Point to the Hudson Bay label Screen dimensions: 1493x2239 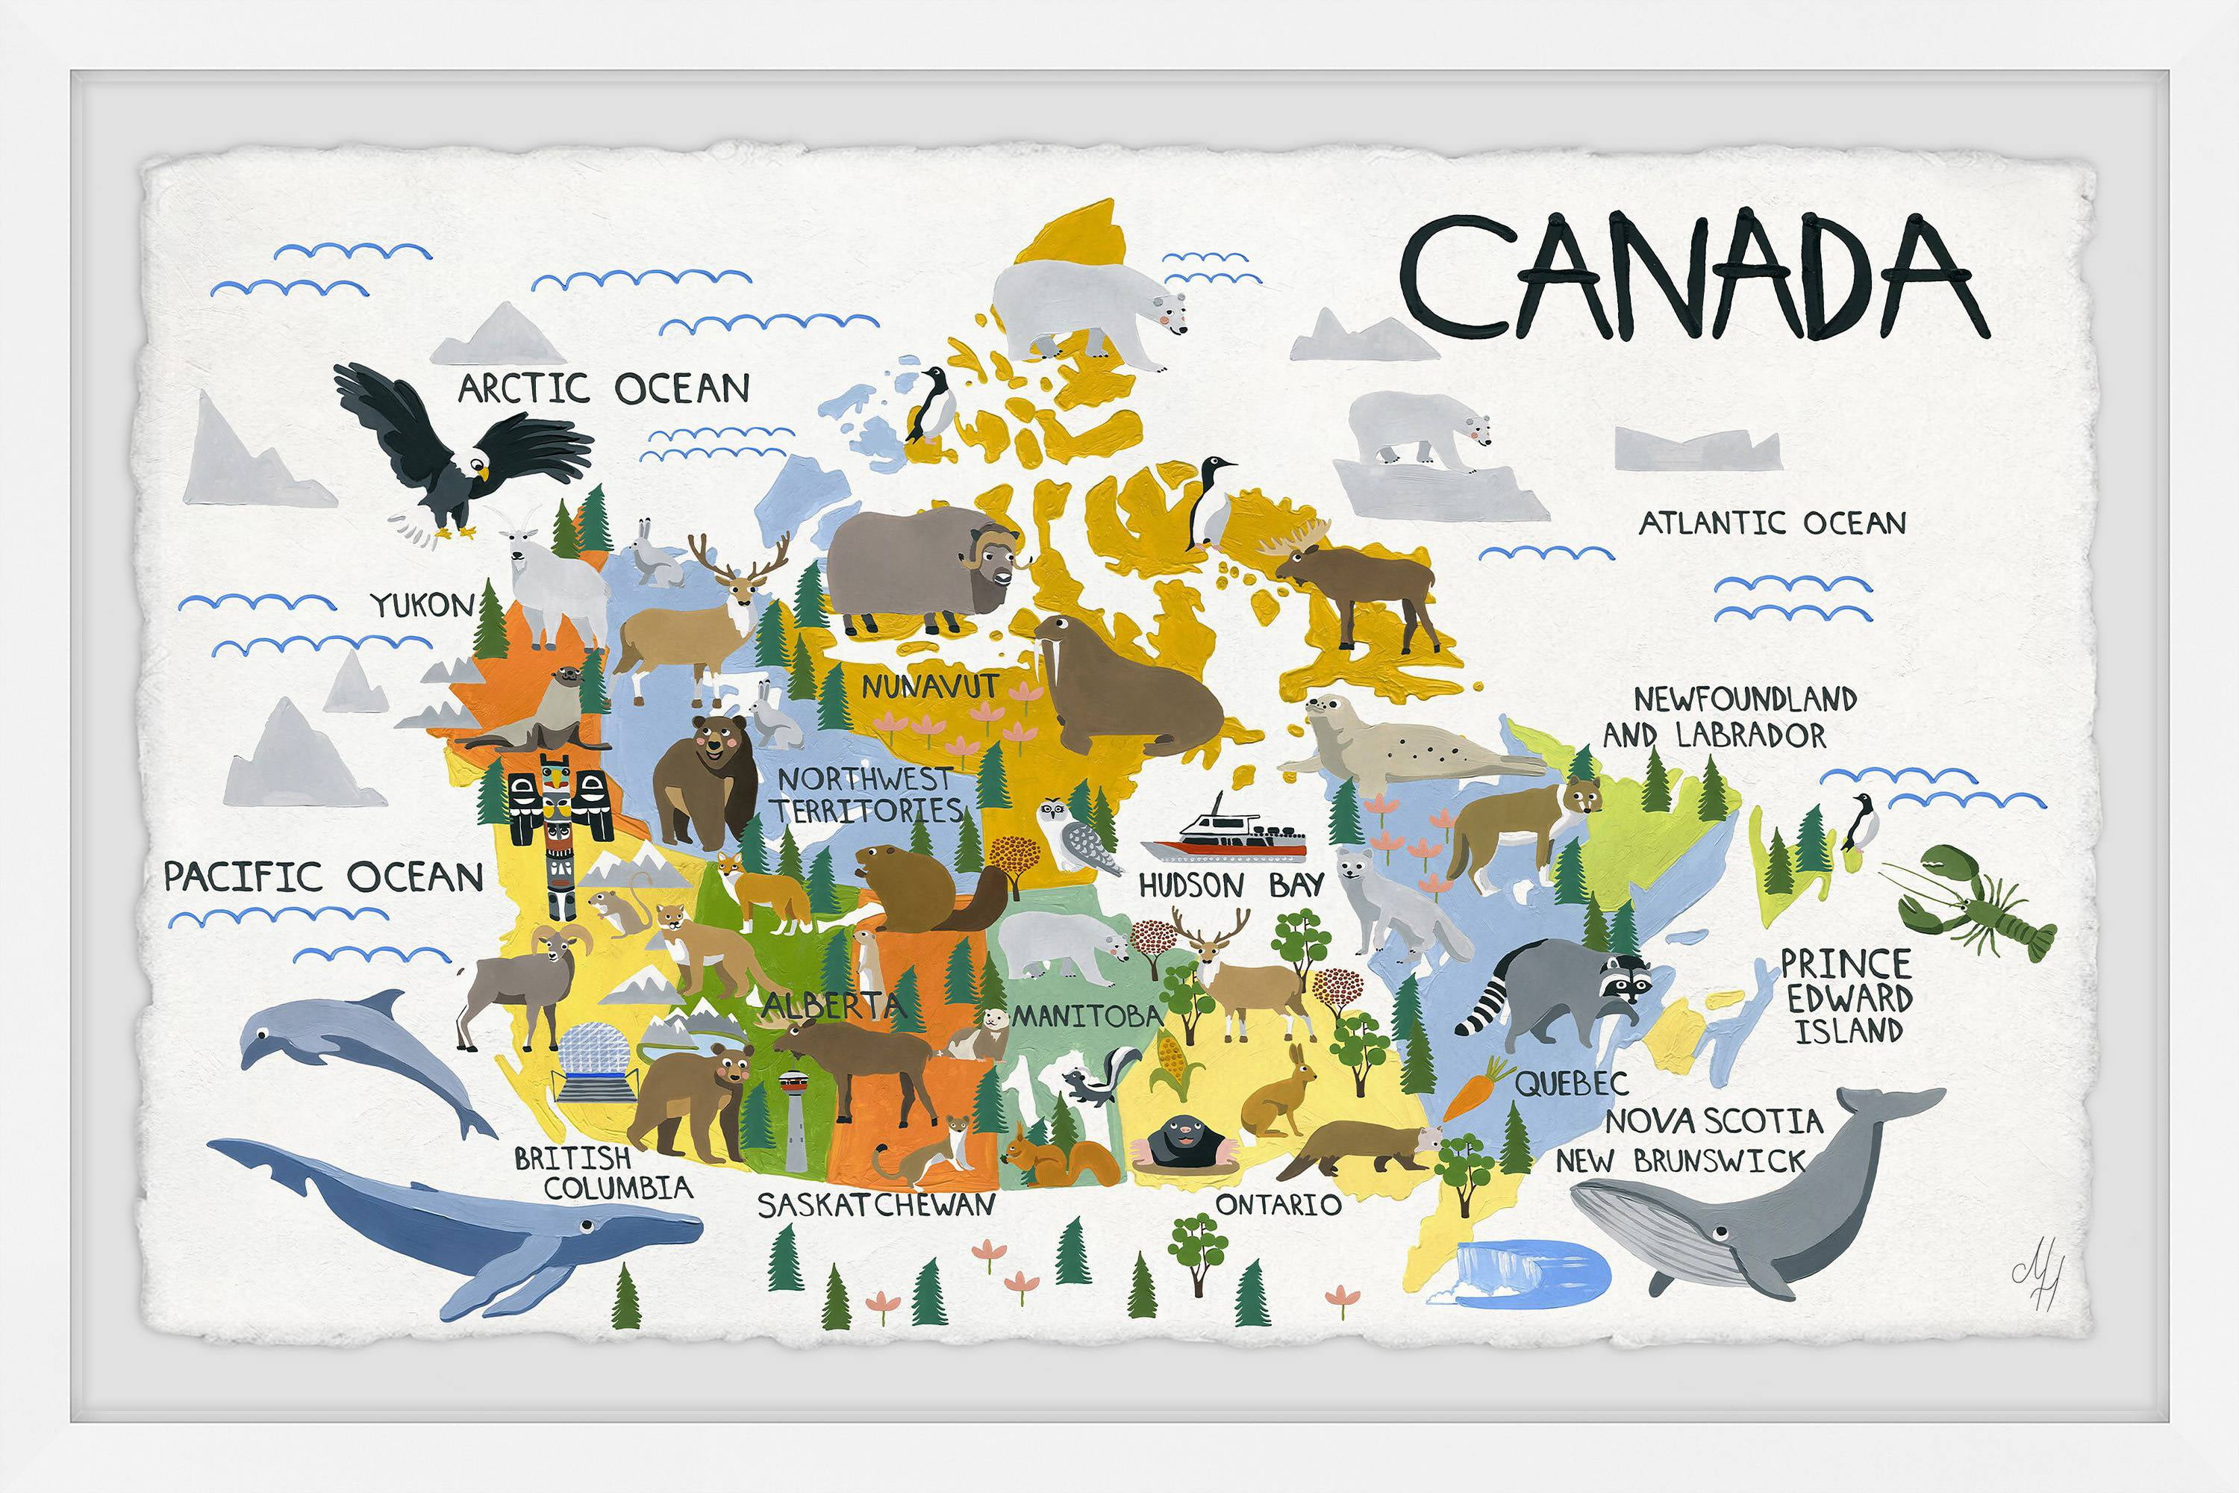(x=1231, y=885)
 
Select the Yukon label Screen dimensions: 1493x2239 (x=422, y=605)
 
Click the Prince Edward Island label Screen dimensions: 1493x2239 (x=1845, y=996)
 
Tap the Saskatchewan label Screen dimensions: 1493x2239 (x=875, y=1205)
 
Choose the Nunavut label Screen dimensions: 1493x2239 (x=929, y=685)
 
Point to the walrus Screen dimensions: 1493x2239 (x=1114, y=697)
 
